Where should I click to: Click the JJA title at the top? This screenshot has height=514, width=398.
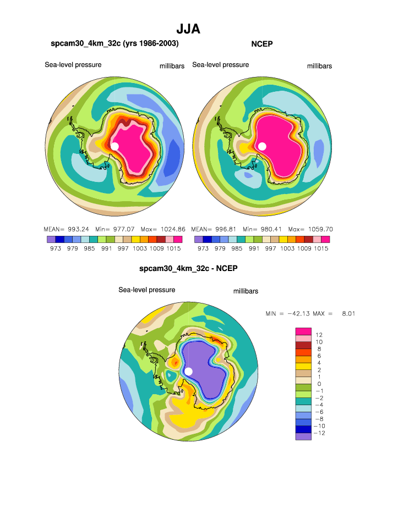coord(188,29)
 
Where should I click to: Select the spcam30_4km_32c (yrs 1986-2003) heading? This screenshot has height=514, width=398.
coord(115,43)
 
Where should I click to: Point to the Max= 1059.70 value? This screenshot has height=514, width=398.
coord(311,229)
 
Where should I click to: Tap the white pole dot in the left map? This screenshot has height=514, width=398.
coord(115,146)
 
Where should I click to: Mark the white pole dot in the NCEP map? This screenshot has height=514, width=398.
coord(262,146)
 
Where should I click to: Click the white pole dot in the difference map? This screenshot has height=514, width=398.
coord(188,372)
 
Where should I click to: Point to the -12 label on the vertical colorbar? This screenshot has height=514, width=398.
coord(319,433)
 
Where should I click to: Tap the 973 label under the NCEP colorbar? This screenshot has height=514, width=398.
coord(203,248)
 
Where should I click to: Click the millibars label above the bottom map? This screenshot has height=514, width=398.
coord(246,291)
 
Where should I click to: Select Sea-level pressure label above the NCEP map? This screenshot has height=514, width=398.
coord(220,65)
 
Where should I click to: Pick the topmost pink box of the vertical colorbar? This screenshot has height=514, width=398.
coord(303,330)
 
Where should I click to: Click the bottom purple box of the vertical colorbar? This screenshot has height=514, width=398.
coord(303,436)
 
